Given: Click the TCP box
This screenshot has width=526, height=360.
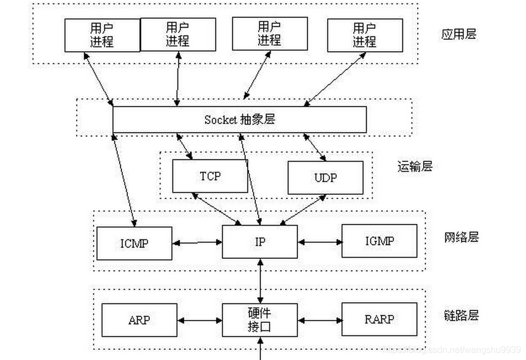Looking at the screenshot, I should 210,176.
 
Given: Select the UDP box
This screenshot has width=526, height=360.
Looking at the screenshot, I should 325,178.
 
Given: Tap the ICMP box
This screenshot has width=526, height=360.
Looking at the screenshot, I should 134,243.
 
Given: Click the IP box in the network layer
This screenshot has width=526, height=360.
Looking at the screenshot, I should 260,242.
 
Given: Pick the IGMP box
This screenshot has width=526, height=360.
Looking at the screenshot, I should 379,241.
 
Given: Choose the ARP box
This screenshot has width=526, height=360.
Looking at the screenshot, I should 139,320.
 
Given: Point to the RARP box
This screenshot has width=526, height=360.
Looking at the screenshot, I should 379,320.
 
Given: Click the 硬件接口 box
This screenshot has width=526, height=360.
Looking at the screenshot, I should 260,320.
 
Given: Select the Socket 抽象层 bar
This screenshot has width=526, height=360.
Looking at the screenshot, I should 240,120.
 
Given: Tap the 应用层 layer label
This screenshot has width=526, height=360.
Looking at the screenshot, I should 459,34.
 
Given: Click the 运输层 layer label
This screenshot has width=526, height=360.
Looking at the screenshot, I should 414,166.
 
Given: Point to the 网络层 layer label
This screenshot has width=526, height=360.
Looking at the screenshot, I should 461,237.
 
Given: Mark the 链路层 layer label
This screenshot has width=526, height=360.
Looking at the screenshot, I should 461,316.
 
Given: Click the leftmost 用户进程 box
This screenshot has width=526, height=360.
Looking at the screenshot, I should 102,35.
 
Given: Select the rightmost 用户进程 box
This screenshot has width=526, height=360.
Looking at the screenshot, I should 364,35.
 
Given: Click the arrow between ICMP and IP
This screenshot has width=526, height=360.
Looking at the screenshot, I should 197,243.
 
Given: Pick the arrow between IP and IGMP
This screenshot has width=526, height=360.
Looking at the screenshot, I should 319,242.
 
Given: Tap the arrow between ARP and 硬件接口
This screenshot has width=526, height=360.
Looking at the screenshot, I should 200,321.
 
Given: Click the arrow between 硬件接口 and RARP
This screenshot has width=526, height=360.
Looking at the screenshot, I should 319,321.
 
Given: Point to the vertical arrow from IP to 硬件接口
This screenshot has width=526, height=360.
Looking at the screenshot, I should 260,281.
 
